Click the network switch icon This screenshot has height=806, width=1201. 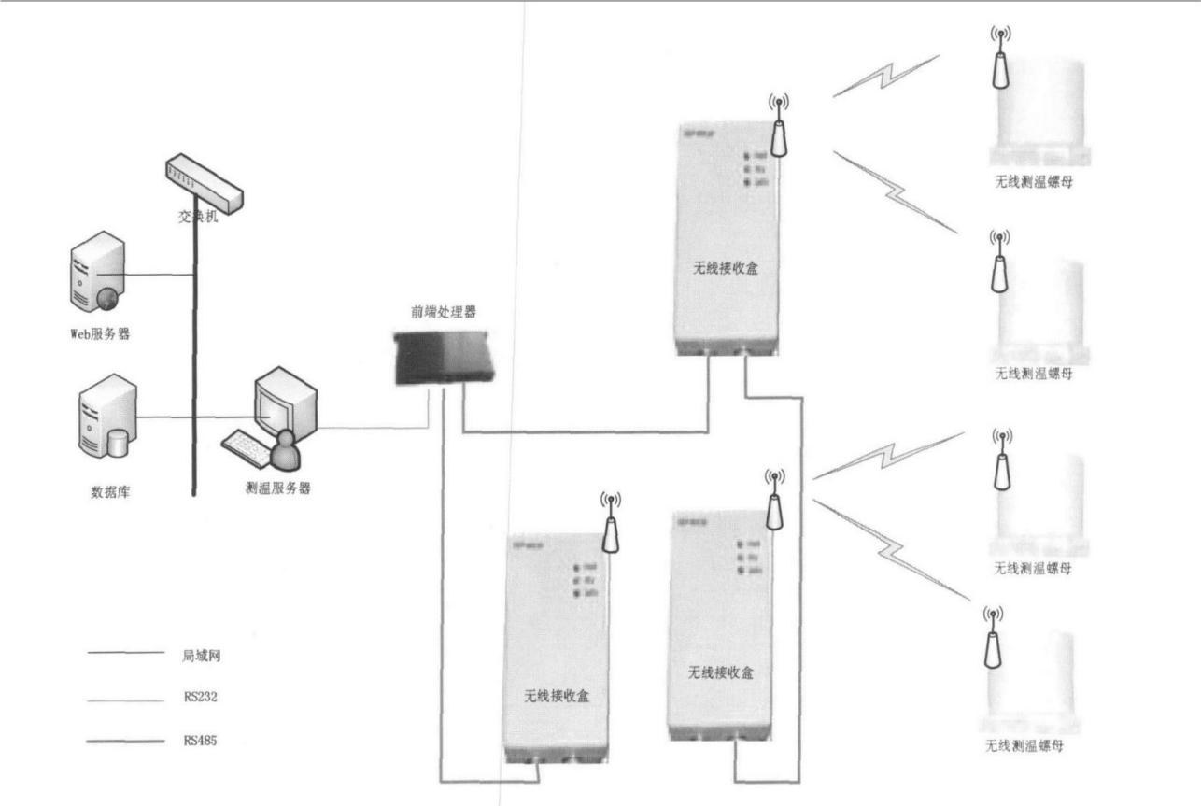coord(203,182)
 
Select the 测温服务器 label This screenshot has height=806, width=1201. coord(277,488)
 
